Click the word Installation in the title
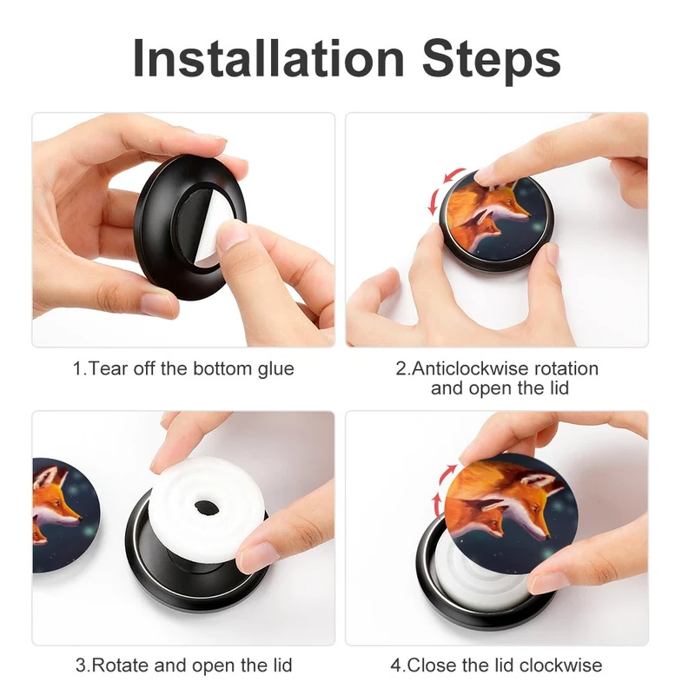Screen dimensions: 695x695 tap(268, 58)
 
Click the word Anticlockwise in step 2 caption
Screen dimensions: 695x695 tap(470, 368)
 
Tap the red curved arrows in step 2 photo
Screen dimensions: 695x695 tap(445, 191)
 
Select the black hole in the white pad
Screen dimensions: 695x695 tap(204, 506)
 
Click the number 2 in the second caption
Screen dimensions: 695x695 tap(400, 368)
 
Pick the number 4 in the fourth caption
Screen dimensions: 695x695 tap(396, 665)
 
